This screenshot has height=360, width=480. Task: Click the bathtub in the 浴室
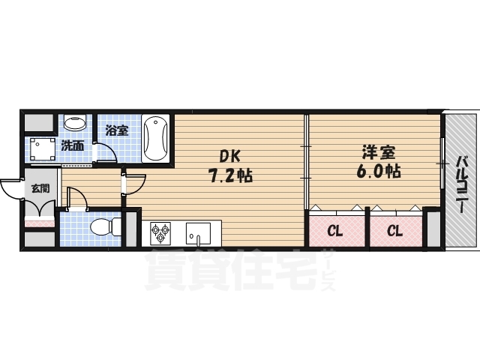click(x=156, y=138)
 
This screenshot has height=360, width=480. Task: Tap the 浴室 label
click(x=117, y=130)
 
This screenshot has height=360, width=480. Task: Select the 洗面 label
click(x=73, y=145)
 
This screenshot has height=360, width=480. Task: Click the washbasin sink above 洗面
click(x=75, y=122)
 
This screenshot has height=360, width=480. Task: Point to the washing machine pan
click(x=43, y=149)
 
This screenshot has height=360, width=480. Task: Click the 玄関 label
click(x=40, y=188)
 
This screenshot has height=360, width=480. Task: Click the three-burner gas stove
click(x=160, y=232)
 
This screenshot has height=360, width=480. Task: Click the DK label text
click(x=230, y=157)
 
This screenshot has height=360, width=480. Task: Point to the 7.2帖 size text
click(x=230, y=175)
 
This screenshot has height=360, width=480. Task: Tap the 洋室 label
click(x=379, y=152)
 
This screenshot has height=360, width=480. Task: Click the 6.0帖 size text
click(x=379, y=171)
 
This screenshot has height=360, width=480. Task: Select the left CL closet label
click(x=335, y=232)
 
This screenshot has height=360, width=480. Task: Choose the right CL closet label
click(x=395, y=232)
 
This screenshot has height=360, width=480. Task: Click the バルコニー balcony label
click(x=462, y=185)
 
